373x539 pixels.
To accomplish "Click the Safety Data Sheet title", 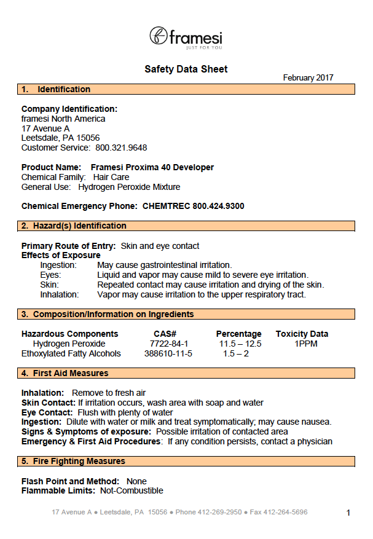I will tap(186, 69).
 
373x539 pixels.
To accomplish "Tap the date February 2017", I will tap(308, 77).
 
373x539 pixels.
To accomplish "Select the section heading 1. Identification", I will tap(56, 89).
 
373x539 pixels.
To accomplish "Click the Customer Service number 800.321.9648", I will tap(121, 148).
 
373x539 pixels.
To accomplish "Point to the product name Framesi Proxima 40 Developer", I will tap(152, 167).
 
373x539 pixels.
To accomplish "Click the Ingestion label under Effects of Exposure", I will tap(58, 265).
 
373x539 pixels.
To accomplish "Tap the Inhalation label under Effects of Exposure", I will tap(60, 294).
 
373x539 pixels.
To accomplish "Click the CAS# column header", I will tap(165, 334).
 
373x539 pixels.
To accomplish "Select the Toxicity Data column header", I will tap(302, 334).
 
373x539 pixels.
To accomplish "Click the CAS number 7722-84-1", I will tap(169, 344).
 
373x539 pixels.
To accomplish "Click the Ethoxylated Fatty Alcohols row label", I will tap(71, 353).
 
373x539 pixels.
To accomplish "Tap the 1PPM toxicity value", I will tap(306, 344).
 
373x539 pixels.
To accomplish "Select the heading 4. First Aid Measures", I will tap(65, 373).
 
